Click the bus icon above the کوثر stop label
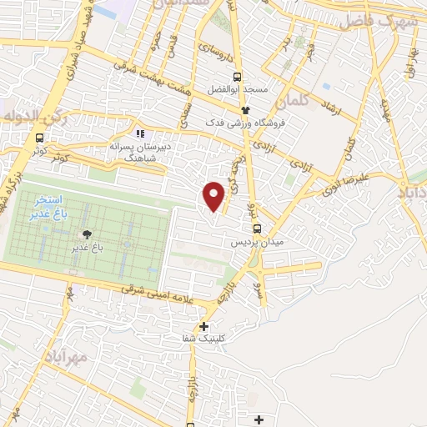[x=39, y=138]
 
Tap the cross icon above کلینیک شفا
[x=203, y=326]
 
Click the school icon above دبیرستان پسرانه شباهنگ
[x=139, y=133]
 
